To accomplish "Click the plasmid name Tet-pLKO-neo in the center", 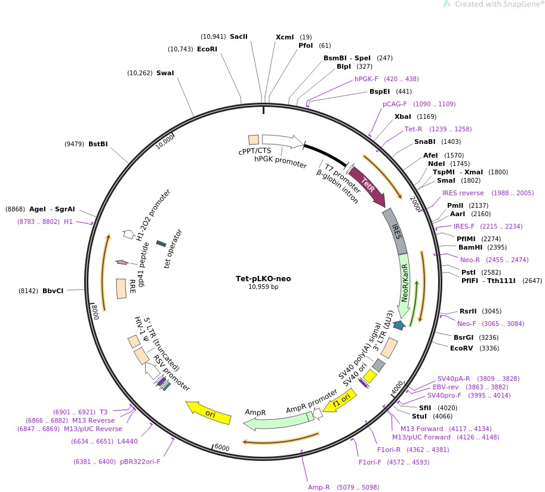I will click(263, 278).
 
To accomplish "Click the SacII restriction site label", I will click(238, 36).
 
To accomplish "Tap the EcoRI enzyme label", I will click(207, 49).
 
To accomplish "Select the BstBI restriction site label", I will click(98, 144).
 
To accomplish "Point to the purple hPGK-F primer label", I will click(367, 79).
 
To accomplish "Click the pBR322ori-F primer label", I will click(140, 462).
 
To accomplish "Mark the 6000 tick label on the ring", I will click(221, 448).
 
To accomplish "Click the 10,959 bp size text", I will click(263, 287).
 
